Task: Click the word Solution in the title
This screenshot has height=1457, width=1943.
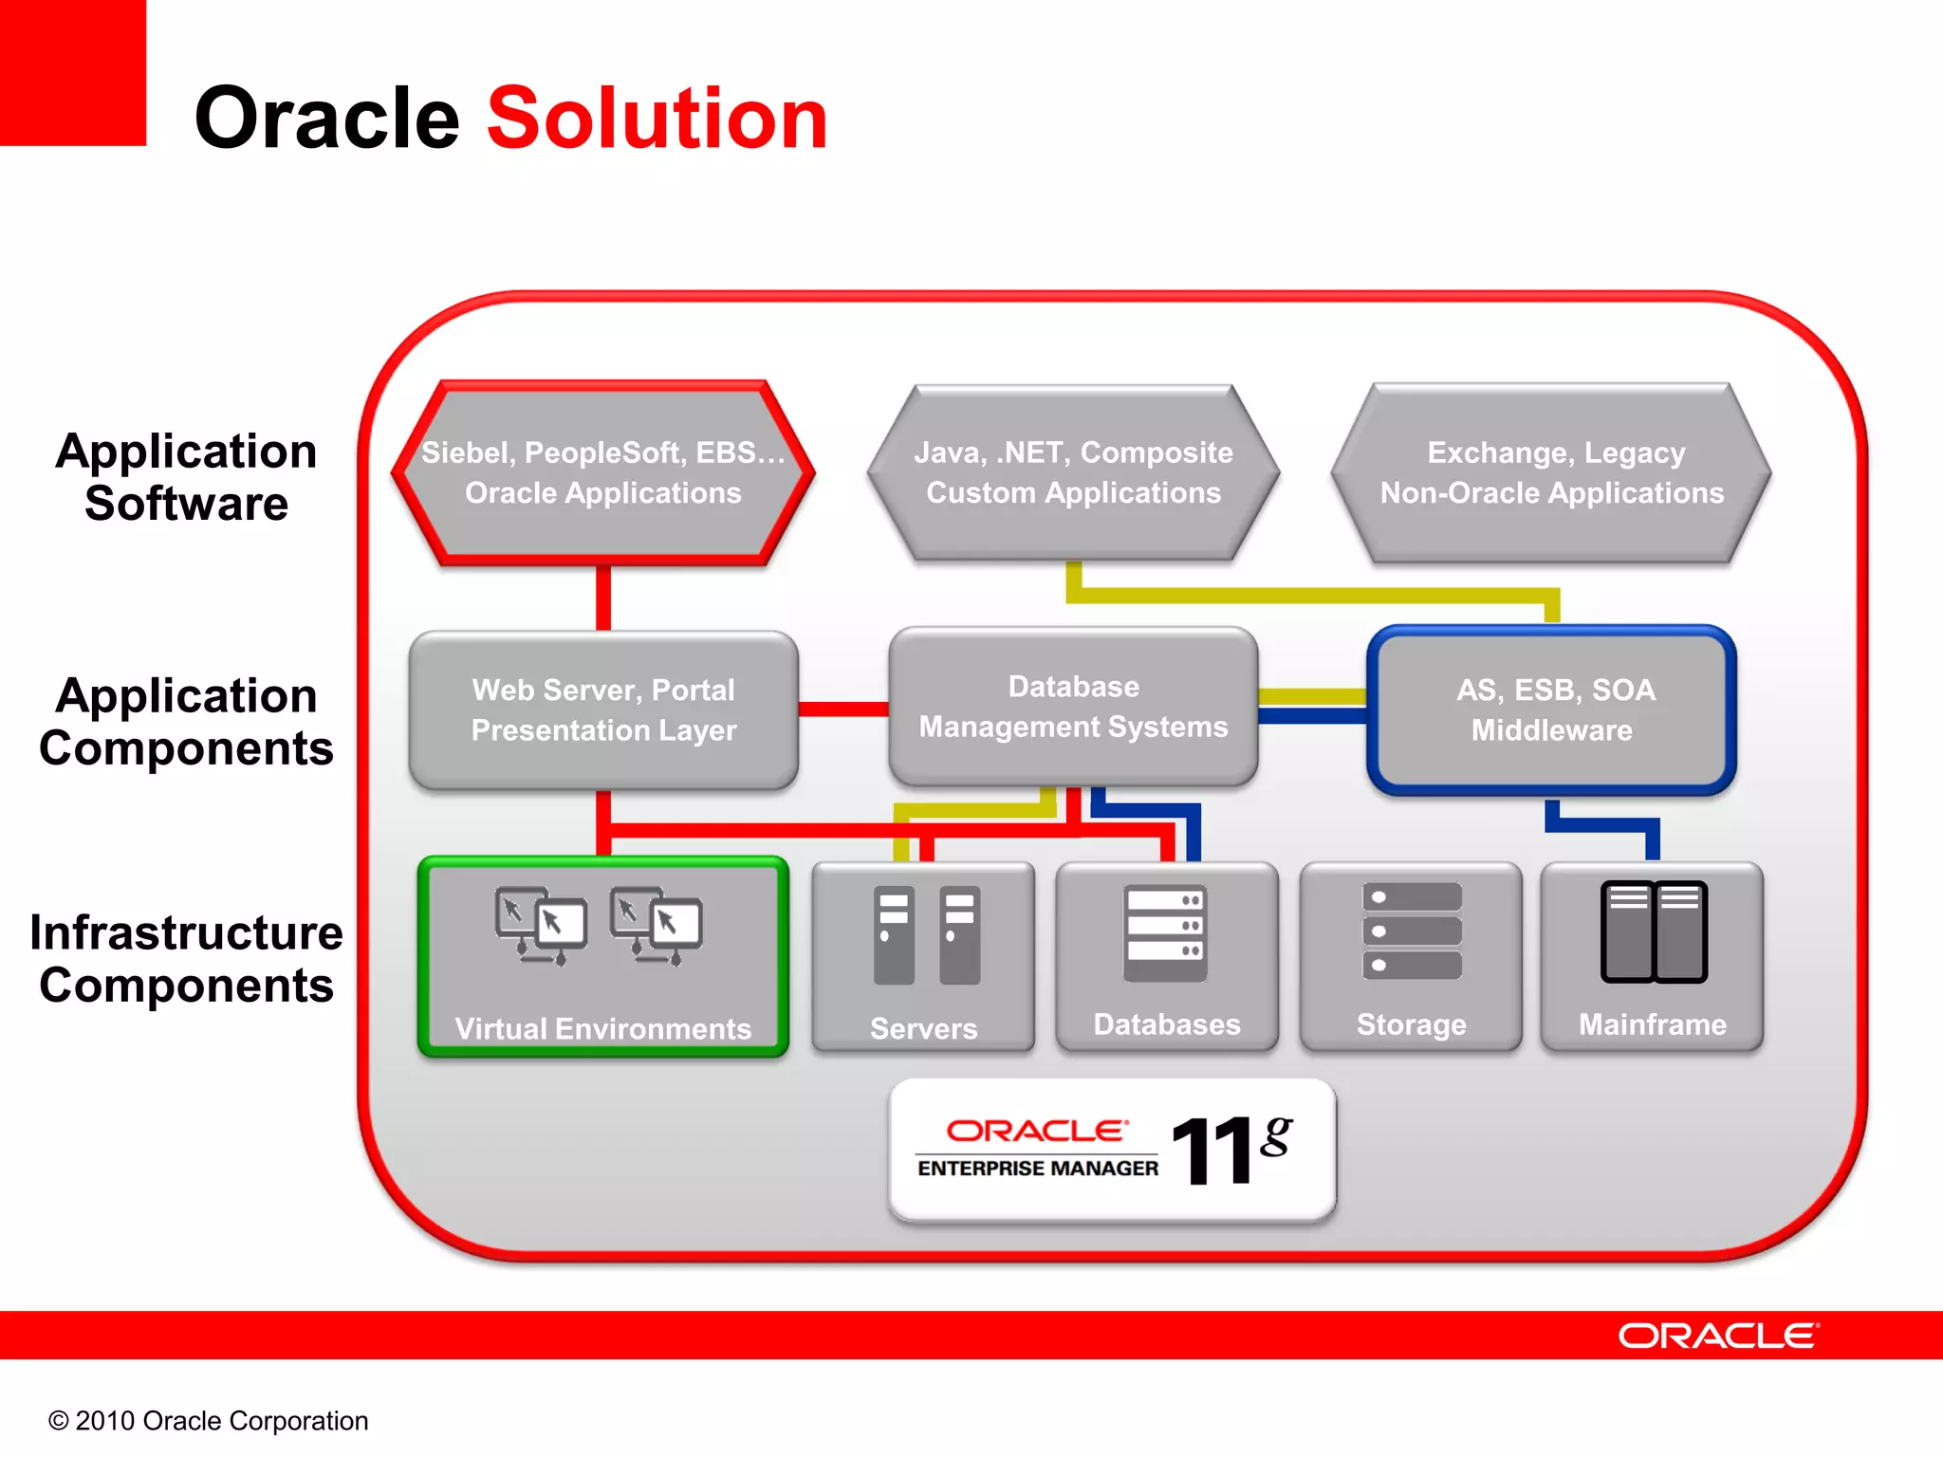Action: [657, 119]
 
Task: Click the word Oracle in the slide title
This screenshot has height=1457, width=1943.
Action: [326, 119]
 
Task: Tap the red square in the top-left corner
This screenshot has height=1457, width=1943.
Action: [72, 72]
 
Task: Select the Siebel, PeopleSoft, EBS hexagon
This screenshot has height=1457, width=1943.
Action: [603, 472]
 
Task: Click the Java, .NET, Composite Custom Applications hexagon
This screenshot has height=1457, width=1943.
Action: [1073, 472]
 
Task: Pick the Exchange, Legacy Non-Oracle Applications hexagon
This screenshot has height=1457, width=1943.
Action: [1552, 472]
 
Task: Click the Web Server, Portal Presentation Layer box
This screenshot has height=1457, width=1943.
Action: [603, 710]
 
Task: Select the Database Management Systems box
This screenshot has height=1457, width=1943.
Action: [1073, 707]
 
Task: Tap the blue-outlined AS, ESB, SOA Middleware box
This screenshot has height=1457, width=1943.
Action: [1552, 710]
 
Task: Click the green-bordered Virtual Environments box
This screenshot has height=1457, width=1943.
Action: [603, 956]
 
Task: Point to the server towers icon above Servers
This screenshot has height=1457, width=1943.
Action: [926, 935]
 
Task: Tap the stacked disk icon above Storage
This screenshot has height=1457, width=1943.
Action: [1412, 931]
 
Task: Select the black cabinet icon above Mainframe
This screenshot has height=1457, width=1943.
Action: [1653, 931]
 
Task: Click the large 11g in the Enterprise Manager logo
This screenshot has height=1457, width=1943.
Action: [1230, 1149]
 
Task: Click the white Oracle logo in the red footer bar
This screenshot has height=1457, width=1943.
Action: [1718, 1336]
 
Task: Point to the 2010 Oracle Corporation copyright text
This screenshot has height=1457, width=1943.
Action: [209, 1420]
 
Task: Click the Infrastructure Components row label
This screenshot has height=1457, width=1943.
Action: [186, 958]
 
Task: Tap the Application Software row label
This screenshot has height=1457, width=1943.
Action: [186, 476]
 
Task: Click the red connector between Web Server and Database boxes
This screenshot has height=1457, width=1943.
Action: [842, 709]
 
